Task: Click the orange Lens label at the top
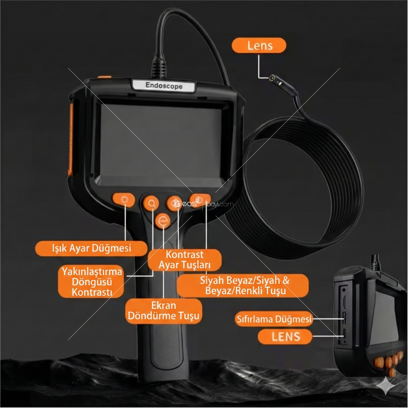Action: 259,45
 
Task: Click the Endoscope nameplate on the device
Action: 164,85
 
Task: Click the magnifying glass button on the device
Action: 151,203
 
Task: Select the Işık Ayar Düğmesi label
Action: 91,248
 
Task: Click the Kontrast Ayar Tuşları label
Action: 184,260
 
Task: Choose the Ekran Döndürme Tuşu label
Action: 164,311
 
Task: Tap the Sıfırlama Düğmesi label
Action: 274,319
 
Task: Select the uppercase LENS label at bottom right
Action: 285,337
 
